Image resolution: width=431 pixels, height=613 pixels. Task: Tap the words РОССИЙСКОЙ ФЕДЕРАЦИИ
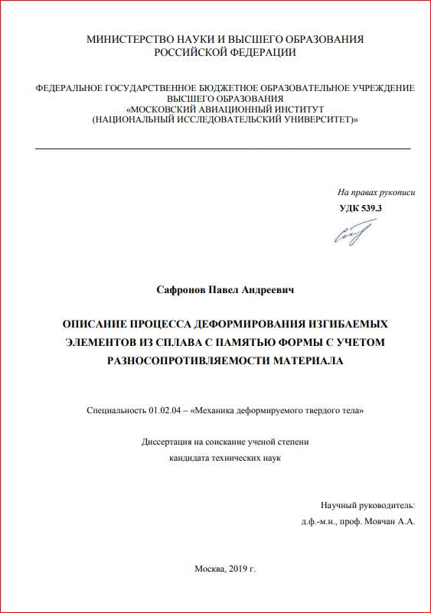[225, 52]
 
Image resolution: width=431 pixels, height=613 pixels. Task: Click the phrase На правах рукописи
[376, 193]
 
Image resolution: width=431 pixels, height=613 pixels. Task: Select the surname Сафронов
[180, 290]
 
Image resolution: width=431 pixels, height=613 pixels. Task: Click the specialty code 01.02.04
[164, 411]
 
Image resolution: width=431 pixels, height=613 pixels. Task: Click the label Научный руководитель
[367, 505]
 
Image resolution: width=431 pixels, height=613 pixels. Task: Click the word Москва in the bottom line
[210, 569]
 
